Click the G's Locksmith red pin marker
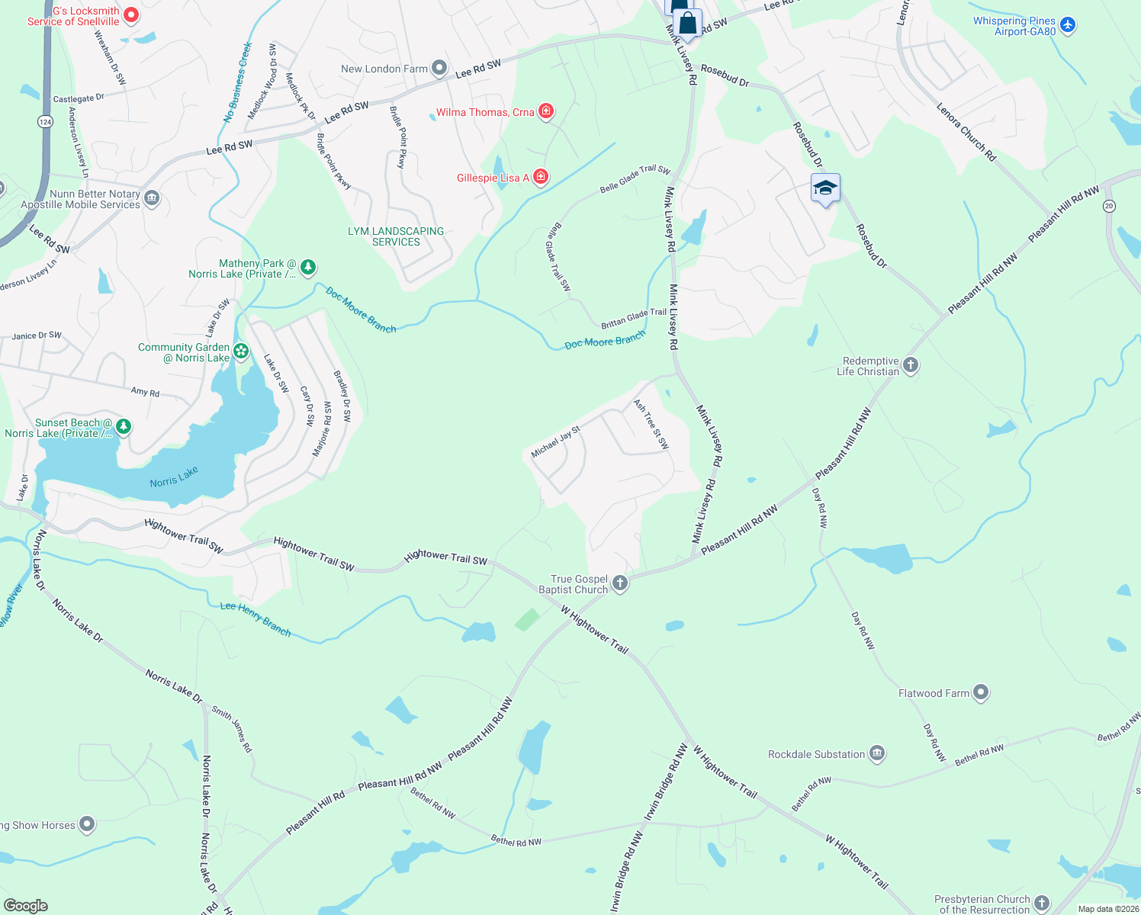(131, 14)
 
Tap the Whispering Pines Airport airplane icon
(1068, 25)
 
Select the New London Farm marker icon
(439, 69)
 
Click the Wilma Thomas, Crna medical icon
(546, 112)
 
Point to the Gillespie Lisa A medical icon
(541, 178)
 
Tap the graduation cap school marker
(825, 188)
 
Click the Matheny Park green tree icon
(308, 268)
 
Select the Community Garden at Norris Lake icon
(241, 352)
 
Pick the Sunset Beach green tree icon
(124, 427)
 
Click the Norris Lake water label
(174, 477)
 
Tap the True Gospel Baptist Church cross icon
(620, 584)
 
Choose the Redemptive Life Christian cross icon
(911, 365)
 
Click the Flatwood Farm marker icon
(981, 693)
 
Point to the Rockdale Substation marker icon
(877, 754)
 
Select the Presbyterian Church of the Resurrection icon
(1042, 904)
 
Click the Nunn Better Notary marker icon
(152, 199)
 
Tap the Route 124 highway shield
(45, 121)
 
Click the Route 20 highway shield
(1109, 206)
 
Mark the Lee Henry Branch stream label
(256, 618)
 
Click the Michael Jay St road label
(556, 441)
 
